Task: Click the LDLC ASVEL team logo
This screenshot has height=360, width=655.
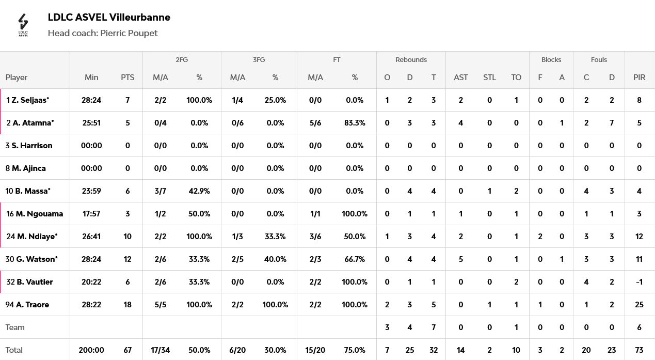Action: [23, 25]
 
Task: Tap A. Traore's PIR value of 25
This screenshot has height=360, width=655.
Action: [639, 305]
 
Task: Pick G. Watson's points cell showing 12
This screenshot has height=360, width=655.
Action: [127, 259]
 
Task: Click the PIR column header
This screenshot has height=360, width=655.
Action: [639, 77]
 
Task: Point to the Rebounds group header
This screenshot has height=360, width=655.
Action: [411, 59]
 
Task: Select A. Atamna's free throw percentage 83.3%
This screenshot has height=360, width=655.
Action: [355, 123]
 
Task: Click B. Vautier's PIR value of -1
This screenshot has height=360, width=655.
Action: [639, 282]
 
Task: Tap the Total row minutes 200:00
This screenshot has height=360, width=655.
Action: [91, 350]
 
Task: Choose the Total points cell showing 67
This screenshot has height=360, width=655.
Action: [127, 350]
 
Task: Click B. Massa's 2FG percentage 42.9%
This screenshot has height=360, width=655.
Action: [199, 191]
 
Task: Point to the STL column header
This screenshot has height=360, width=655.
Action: [489, 77]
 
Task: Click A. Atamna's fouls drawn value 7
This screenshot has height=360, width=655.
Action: [612, 123]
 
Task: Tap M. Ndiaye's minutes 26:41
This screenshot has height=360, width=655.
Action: [91, 237]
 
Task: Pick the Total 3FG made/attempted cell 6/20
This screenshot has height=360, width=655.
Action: [237, 350]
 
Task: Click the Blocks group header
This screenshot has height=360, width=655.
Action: [551, 59]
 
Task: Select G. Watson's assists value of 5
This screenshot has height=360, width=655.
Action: [460, 259]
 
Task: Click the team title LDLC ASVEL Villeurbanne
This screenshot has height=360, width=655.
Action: [109, 18]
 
